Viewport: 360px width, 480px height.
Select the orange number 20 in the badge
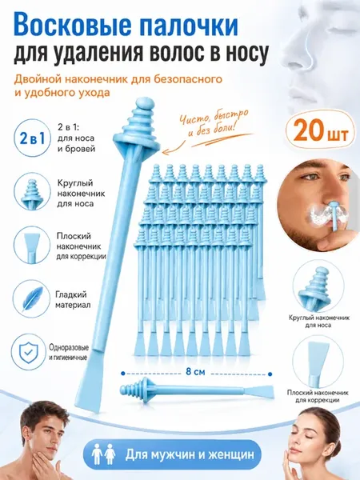[x=308, y=132]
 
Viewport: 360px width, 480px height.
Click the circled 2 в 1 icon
[x=32, y=138]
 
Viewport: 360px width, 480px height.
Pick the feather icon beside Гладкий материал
[x=31, y=298]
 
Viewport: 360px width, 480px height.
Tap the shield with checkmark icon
[x=30, y=353]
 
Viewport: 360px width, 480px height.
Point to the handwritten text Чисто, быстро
[x=214, y=115]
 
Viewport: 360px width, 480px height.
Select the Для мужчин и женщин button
[x=174, y=454]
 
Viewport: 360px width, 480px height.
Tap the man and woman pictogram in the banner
[x=103, y=454]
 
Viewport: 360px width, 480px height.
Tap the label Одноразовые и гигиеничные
[x=69, y=352]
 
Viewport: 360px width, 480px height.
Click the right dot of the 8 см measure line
[x=270, y=374]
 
